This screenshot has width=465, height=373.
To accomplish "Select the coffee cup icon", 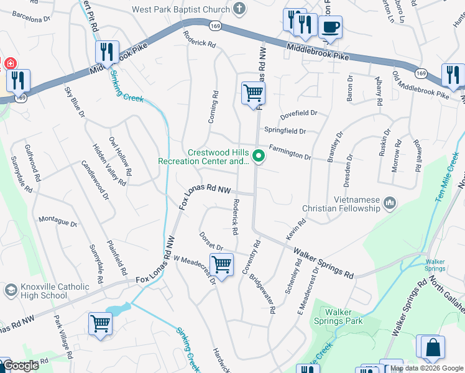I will pos(330,27).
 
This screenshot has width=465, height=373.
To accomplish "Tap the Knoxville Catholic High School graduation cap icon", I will pos(11,290).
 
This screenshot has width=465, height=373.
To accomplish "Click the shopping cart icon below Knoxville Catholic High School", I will pos(100,324).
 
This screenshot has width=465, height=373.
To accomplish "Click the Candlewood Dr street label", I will pos(95,180).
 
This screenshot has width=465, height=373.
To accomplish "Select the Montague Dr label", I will pos(58,222).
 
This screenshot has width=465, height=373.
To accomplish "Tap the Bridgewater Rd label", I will pos(263,292).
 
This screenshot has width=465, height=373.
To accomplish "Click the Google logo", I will pos(21,366).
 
